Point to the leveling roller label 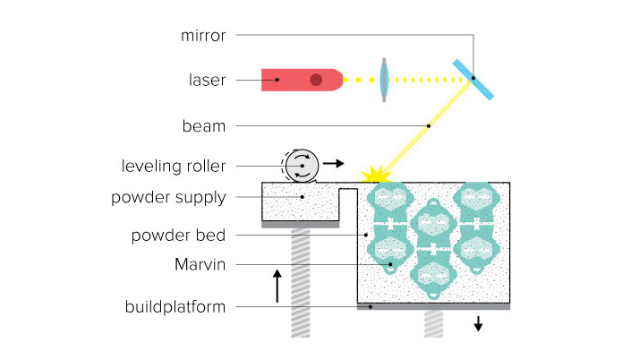coord(174,166)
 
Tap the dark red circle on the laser coord(316,80)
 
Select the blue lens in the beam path coord(384,80)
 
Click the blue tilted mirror coord(473,79)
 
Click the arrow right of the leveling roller coord(333,164)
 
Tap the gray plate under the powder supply coord(300,225)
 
